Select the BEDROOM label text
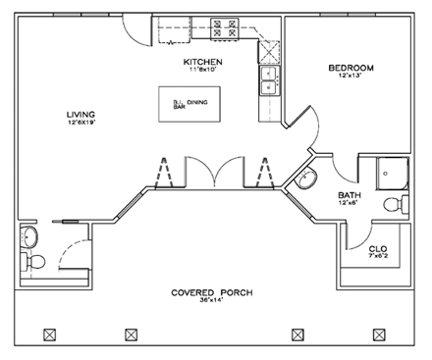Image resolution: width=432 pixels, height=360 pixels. point(351,68)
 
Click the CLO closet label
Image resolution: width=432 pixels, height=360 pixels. point(378,249)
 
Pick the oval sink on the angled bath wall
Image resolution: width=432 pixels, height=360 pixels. point(309,180)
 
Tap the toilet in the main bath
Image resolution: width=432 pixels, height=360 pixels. point(395,204)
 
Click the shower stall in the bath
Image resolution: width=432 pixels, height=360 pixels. point(391,173)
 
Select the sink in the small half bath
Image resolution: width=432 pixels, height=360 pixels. point(28,236)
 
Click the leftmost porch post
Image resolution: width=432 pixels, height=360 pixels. point(48,334)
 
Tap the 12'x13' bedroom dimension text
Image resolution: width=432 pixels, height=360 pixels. point(351,77)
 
